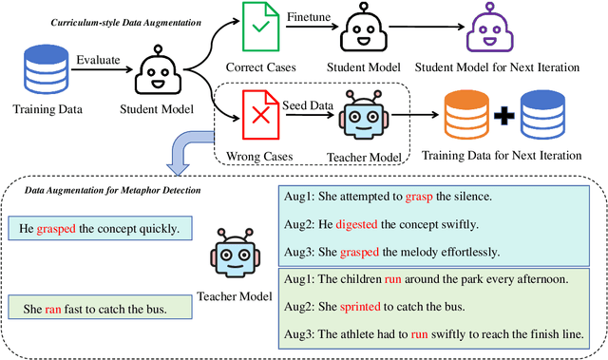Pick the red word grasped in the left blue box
tap(56, 228)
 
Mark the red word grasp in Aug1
tap(419, 197)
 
